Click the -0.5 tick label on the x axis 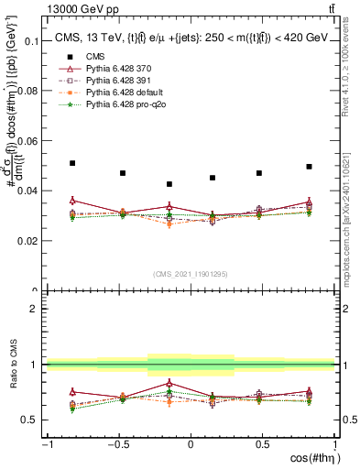(x=117, y=444)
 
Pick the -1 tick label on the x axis (x=46, y=444)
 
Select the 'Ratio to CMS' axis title (x=14, y=365)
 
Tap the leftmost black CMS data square (x=72, y=163)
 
